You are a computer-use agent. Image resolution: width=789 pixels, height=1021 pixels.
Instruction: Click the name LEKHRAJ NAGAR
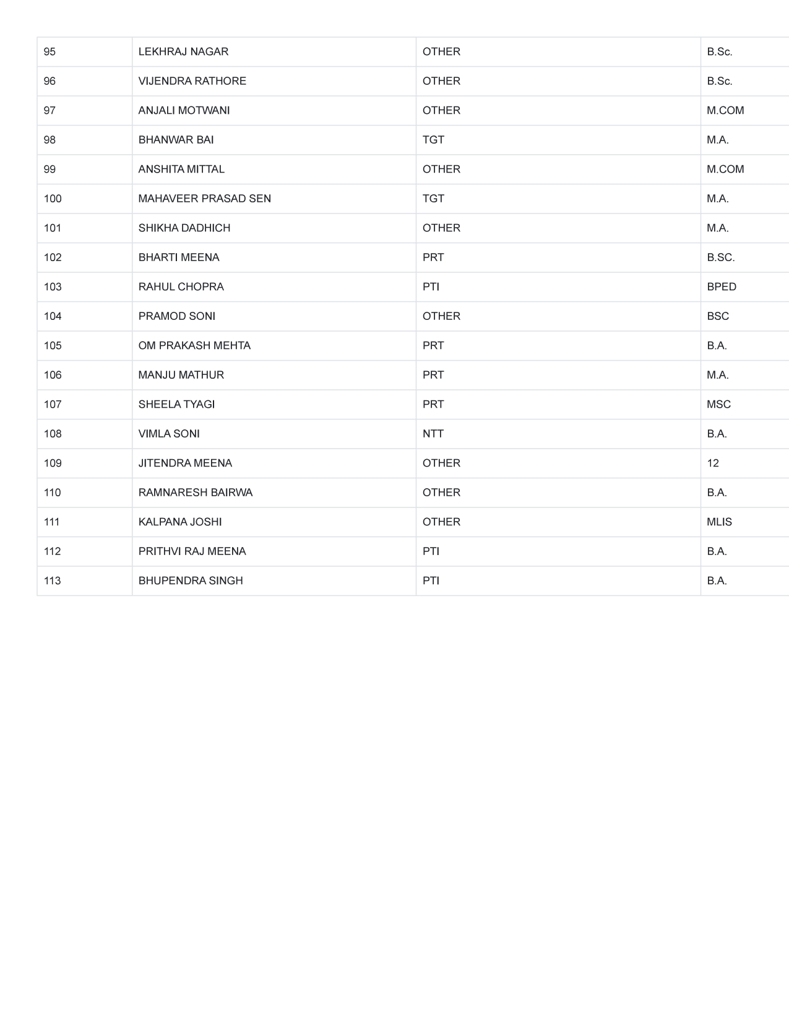[183, 52]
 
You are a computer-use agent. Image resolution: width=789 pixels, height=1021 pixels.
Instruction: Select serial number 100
[53, 199]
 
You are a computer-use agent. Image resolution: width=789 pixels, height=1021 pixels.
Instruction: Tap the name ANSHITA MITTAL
[181, 170]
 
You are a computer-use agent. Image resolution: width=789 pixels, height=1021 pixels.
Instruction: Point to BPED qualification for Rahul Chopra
[722, 287]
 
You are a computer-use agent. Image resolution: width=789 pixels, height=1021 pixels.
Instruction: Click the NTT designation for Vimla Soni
[433, 434]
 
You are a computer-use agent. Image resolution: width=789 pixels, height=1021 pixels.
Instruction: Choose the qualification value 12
[713, 463]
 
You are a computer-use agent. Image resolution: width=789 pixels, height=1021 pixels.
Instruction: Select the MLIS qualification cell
[719, 522]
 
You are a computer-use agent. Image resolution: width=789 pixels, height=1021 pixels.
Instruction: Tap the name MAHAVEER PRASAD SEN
[204, 199]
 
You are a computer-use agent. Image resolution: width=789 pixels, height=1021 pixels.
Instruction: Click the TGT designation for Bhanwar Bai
[433, 140]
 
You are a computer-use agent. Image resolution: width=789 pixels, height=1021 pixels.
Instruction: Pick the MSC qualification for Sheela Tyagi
[718, 405]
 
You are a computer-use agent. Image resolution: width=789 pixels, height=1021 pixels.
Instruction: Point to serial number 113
[53, 581]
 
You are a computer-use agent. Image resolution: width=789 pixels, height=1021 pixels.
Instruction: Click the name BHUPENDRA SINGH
[191, 581]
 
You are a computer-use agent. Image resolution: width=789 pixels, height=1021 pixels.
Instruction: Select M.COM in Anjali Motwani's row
[725, 111]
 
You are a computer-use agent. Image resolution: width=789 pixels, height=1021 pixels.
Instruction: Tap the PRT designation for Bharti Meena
[433, 257]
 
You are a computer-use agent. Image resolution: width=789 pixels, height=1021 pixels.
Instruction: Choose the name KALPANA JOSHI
[180, 522]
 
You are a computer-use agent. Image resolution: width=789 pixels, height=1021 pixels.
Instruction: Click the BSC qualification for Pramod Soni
[718, 316]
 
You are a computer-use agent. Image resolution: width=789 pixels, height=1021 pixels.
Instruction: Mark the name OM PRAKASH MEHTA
[194, 346]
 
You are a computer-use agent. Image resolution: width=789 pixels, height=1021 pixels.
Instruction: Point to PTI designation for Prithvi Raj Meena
[431, 551]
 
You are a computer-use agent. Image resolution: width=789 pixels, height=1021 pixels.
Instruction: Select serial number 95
[50, 52]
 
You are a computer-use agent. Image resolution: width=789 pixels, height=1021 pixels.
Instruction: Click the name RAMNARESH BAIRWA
[196, 493]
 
